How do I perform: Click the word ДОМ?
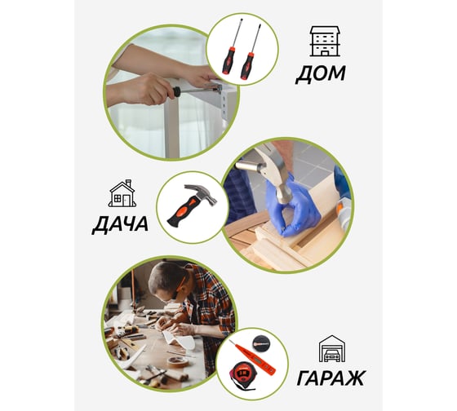(x=321, y=74)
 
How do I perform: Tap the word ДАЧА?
(x=120, y=224)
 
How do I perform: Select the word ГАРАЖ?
(x=331, y=378)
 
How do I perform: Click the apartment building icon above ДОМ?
(x=325, y=41)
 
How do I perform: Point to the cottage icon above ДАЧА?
(x=122, y=193)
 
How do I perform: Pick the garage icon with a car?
(x=332, y=348)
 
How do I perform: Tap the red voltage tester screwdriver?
(x=252, y=357)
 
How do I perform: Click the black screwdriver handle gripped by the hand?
(x=176, y=92)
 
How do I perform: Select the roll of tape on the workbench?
(x=179, y=361)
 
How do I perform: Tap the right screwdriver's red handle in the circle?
(x=246, y=66)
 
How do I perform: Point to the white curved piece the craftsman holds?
(x=180, y=339)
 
